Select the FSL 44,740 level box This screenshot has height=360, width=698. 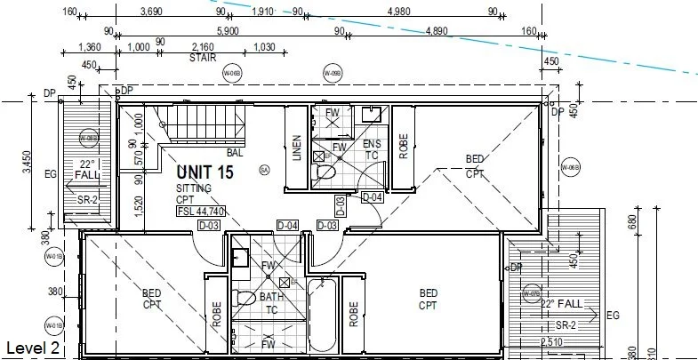click(x=200, y=212)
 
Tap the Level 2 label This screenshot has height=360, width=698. click(x=32, y=347)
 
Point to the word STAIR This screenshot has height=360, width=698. click(x=203, y=57)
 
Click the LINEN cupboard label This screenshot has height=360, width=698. click(x=297, y=148)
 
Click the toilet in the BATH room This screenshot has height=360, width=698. click(x=245, y=298)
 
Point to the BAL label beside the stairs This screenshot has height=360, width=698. click(x=235, y=153)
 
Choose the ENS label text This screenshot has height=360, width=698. click(x=371, y=143)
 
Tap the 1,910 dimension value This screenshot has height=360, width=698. click(x=262, y=12)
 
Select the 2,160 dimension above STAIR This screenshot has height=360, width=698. click(x=203, y=46)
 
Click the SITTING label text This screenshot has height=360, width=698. click(x=195, y=189)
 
